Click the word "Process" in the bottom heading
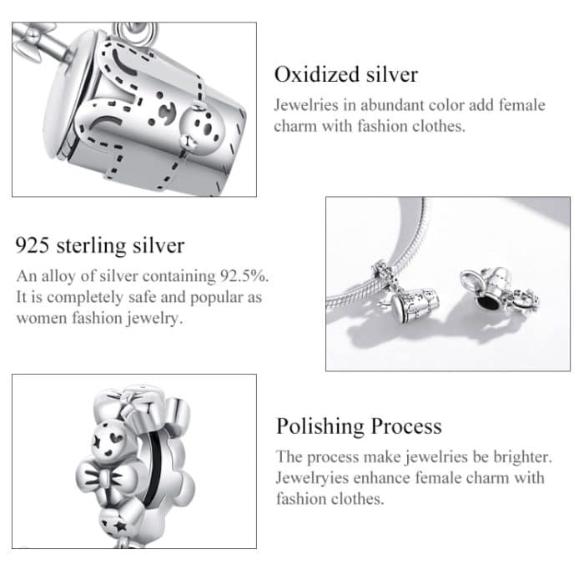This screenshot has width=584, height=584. click(x=406, y=426)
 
